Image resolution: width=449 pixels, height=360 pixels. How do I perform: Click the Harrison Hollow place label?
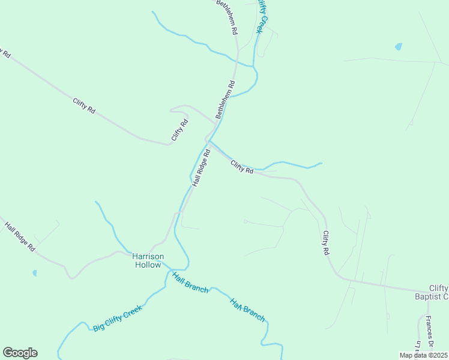coord(147,260)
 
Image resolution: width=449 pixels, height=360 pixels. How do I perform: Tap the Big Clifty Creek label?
coord(117,318)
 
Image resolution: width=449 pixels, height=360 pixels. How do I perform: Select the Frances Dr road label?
coord(430,331)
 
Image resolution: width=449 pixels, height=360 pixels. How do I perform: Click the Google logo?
coord(20,353)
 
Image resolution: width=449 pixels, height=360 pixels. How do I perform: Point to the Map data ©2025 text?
coord(423,355)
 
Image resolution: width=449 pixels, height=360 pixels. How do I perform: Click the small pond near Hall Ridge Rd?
coord(34,273)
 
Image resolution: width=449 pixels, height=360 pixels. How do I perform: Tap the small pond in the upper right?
coord(399,46)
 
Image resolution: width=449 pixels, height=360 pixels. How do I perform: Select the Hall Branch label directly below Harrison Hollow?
coord(190,283)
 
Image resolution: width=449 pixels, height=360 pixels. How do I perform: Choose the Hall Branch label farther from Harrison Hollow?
coord(247,310)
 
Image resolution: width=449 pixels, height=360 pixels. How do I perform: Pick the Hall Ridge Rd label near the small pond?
coord(20,237)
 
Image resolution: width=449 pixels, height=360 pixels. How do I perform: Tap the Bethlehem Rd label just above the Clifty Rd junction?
coord(226,98)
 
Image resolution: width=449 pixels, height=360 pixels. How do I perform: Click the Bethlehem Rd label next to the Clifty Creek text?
coord(228,16)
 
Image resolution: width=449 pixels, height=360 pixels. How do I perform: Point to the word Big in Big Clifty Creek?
coord(98,327)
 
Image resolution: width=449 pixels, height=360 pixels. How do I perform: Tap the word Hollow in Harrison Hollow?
coord(148,265)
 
